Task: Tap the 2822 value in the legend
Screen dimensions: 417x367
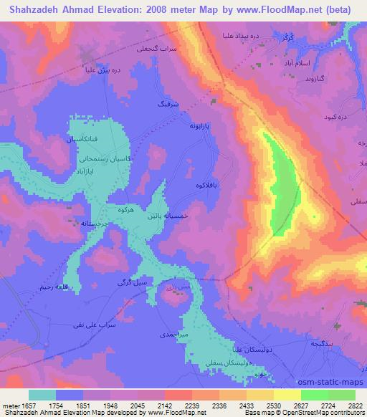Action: [x=353, y=405]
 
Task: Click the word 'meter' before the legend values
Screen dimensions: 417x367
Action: [x=8, y=405]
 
